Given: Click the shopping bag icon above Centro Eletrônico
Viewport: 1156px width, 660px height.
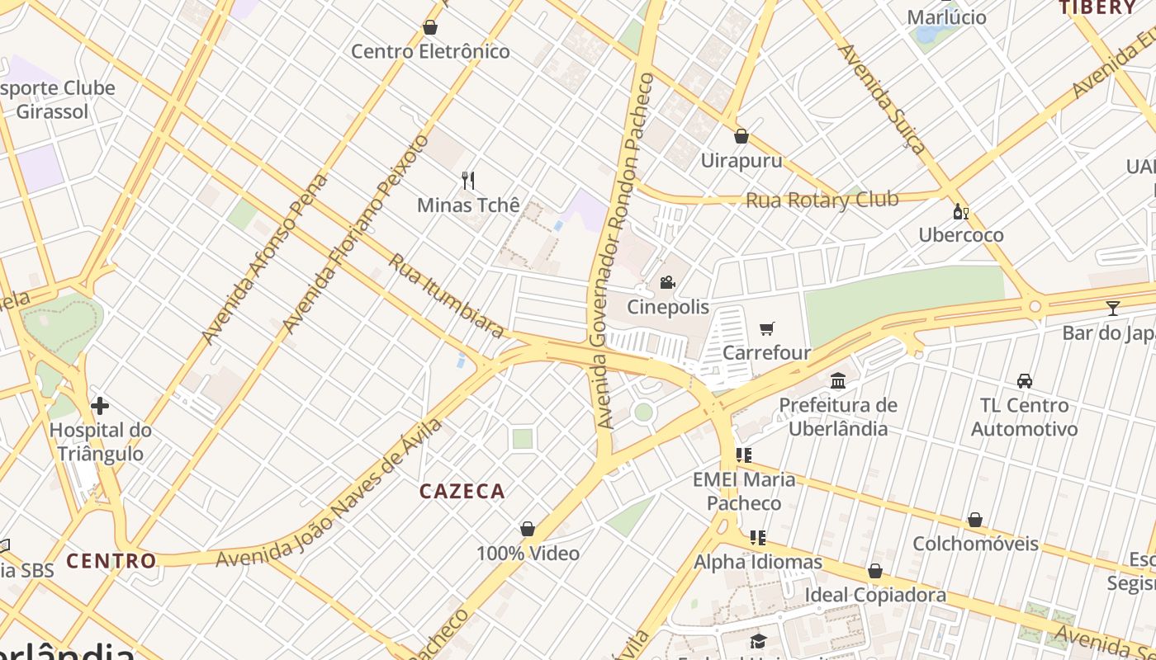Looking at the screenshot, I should [429, 28].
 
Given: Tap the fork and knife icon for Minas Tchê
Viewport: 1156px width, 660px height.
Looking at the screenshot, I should [468, 181].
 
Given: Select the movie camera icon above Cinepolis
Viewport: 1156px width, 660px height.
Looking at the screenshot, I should [667, 283].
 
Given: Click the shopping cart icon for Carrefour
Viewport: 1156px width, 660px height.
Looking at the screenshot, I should [766, 329].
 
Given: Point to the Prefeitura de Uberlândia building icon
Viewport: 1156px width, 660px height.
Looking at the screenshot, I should [838, 380].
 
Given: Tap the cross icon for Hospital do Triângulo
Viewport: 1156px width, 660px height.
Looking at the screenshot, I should [100, 406].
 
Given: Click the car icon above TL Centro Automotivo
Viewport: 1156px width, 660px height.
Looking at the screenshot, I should [1025, 380].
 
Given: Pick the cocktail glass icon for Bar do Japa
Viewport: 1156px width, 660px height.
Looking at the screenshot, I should [1113, 309].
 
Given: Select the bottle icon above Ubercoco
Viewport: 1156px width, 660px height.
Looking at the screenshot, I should [960, 211].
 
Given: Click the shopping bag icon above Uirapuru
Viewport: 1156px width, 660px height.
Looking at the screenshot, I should [741, 136].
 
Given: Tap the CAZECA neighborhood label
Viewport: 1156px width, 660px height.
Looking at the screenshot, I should [462, 492].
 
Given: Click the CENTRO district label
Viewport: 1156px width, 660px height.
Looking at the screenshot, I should [111, 561].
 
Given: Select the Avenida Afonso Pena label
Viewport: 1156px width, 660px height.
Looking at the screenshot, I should [264, 259].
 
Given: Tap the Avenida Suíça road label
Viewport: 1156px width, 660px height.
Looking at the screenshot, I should [882, 99].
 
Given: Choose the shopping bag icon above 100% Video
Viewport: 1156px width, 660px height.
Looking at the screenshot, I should [528, 529].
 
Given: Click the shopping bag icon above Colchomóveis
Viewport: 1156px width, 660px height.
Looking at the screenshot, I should [975, 520].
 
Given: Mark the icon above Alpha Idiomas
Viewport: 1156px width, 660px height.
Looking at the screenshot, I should [757, 538].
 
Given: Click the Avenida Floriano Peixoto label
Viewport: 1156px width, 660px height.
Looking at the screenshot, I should [356, 233].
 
